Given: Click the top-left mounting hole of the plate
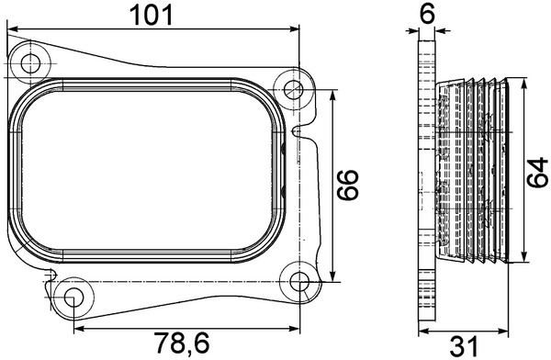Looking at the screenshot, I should [x=34, y=63].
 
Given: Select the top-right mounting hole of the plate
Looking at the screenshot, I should [x=293, y=89].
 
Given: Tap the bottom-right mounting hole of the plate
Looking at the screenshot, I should [x=300, y=281].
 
